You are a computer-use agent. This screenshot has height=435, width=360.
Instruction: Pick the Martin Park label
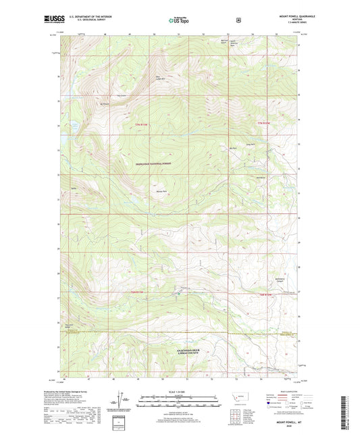[x=161, y=190]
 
